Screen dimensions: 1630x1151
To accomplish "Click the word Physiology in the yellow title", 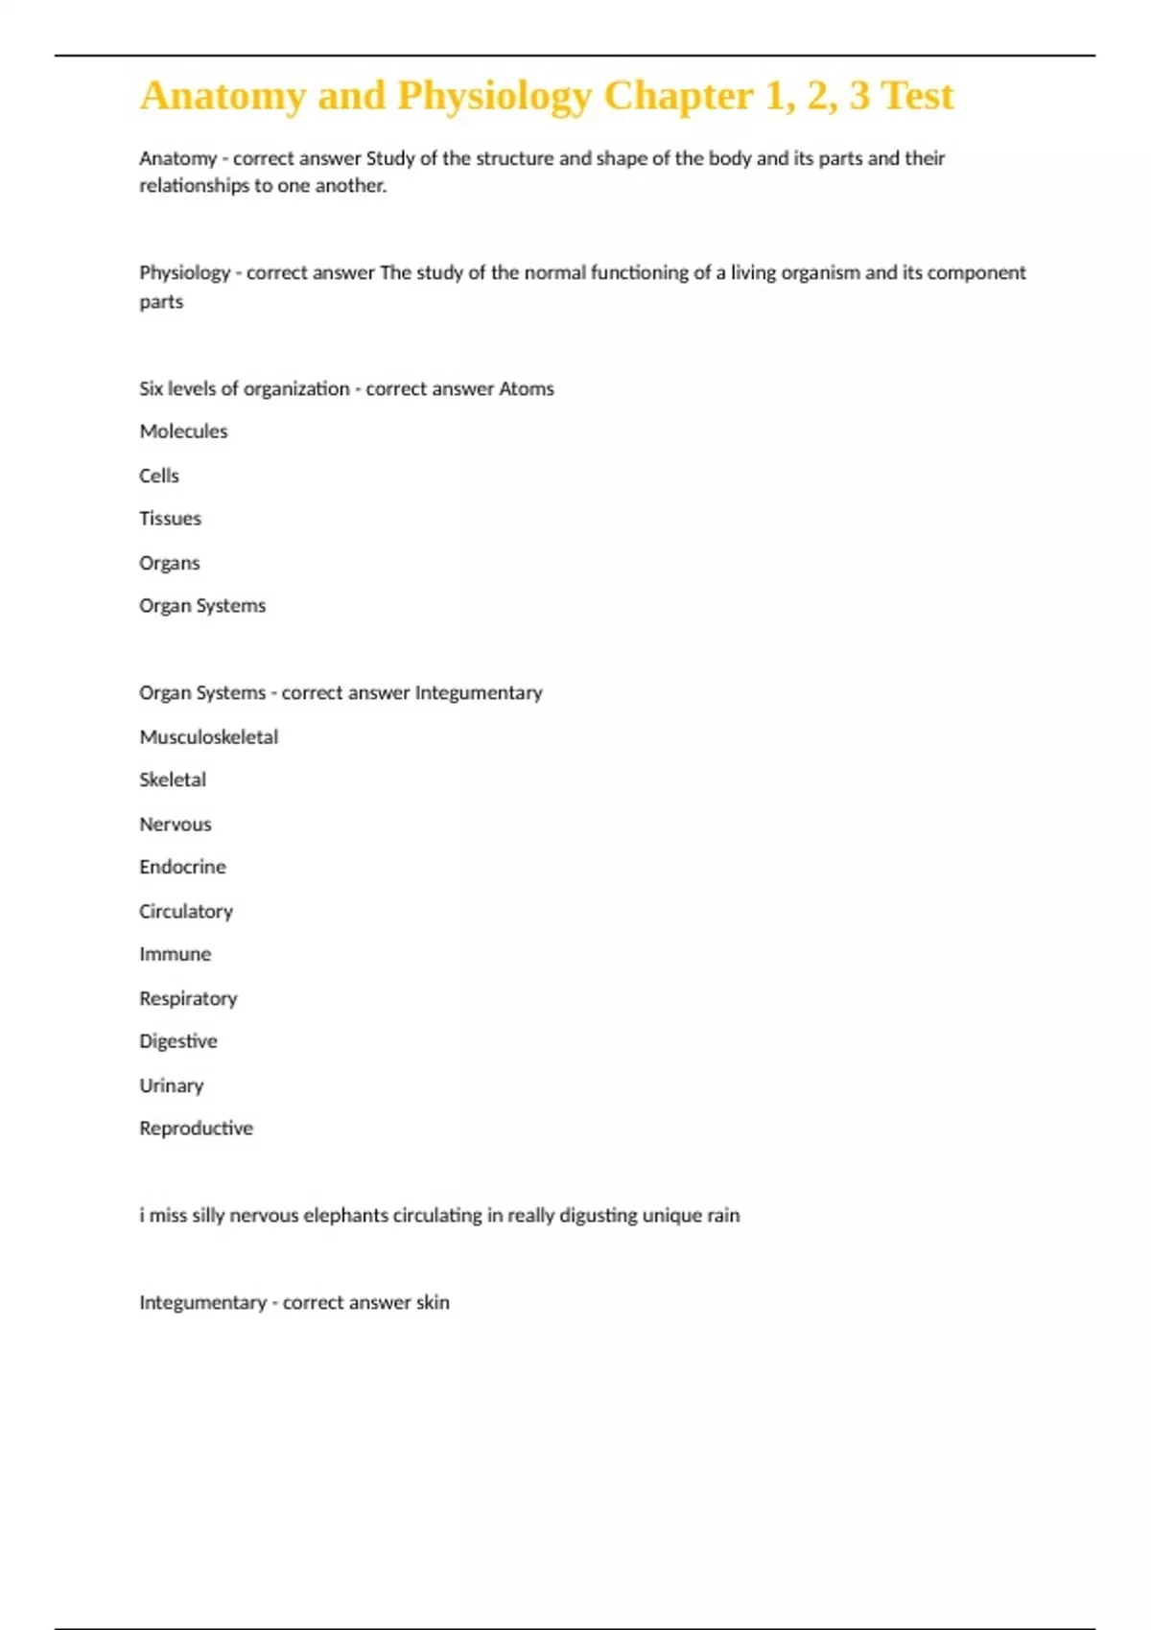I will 494,96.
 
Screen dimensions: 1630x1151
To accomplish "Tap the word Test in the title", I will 917,96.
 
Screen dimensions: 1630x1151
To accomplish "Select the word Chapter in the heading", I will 678,96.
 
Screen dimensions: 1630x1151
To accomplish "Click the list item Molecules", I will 183,431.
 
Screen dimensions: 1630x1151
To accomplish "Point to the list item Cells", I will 159,476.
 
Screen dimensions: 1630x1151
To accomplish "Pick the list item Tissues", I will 170,519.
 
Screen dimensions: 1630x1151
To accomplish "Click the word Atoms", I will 527,388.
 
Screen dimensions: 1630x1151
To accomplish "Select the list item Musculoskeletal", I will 209,736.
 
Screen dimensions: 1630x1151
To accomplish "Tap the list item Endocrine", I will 182,867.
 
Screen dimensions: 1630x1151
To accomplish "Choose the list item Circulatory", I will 186,911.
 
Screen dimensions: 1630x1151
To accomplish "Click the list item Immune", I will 175,954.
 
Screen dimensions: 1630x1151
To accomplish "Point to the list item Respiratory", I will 188,998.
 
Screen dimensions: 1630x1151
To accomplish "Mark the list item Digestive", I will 178,1041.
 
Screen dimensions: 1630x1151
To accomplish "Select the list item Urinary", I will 171,1085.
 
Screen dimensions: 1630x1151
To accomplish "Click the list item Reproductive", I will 196,1129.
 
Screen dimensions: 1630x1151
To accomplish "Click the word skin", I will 433,1302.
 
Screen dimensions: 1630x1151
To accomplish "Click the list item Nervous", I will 175,824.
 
